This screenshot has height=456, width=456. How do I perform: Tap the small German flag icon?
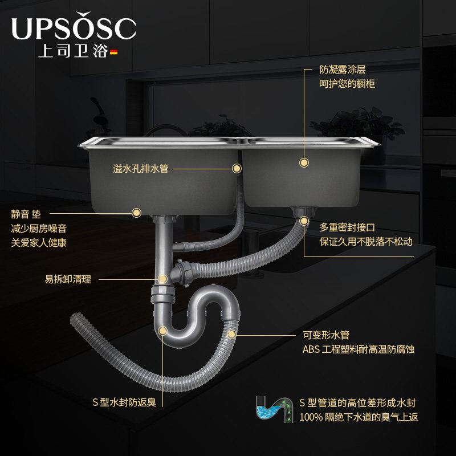[113, 52]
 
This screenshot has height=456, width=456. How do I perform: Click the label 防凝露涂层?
[342, 70]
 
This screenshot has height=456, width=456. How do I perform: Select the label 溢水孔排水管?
[141, 169]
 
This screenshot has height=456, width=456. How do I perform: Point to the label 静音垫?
[26, 214]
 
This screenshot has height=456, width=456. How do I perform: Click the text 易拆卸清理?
[68, 280]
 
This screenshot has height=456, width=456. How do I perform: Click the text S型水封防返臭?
[124, 402]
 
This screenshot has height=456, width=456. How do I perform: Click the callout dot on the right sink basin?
[304, 162]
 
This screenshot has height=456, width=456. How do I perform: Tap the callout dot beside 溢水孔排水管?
[236, 168]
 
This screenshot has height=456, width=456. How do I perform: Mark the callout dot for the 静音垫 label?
[136, 213]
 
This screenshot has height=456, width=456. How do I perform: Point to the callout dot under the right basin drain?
[304, 220]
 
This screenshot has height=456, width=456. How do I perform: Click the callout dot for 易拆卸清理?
[162, 279]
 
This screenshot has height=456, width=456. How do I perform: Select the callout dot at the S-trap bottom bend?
[162, 330]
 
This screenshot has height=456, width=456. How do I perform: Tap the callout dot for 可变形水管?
[231, 334]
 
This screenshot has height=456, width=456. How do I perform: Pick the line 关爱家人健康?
[39, 243]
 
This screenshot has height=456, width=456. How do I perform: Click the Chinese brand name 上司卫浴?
[72, 51]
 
